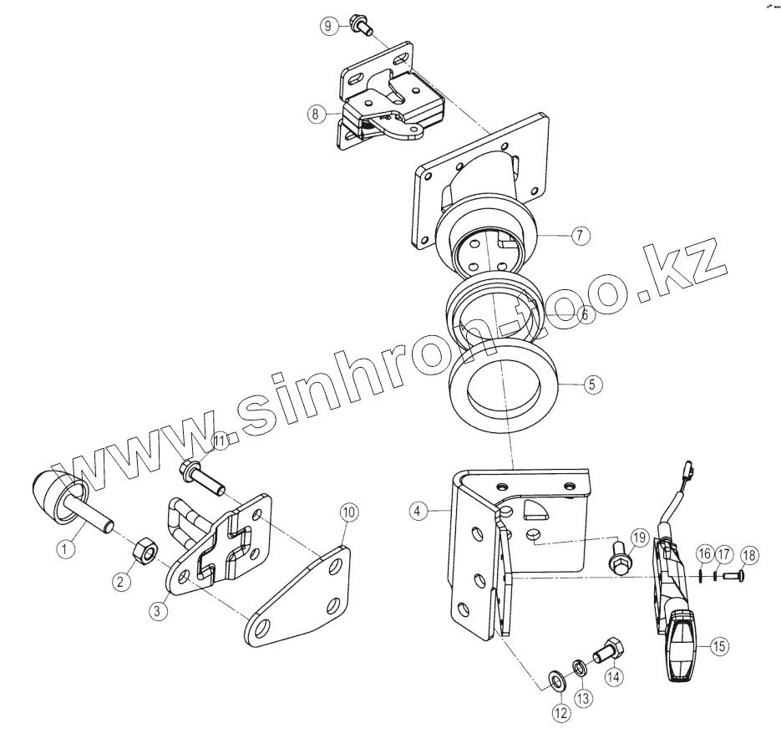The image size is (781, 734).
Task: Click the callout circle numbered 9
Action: coord(328,26)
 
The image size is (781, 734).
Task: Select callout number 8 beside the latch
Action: coord(315,115)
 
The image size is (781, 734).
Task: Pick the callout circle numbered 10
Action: coord(347,512)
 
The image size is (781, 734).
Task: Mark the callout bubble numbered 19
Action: coord(640,537)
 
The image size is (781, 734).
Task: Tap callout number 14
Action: coord(614,677)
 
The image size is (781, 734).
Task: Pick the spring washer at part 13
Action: coord(578,667)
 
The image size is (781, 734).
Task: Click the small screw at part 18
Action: coord(733,575)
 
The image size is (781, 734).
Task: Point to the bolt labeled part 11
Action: coord(200,479)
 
